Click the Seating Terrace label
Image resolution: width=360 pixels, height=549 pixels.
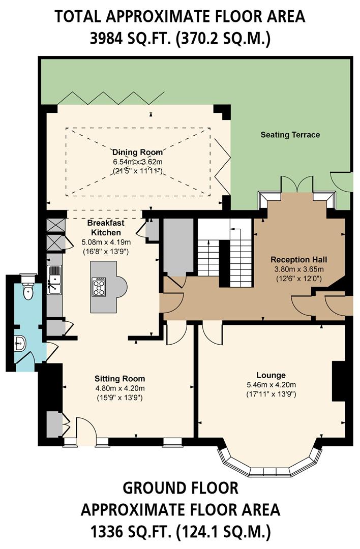pyautogui.click(x=290, y=135)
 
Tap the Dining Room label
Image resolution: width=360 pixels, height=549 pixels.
pyautogui.click(x=137, y=152)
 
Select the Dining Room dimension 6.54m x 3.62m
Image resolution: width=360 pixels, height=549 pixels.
pyautogui.click(x=137, y=162)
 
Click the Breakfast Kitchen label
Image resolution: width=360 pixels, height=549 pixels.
pyautogui.click(x=106, y=228)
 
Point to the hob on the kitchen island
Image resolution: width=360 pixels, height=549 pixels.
pyautogui.click(x=100, y=287)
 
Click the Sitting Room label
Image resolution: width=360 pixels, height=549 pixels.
pyautogui.click(x=119, y=379)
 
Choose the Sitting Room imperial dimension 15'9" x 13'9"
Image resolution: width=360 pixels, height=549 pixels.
pyautogui.click(x=119, y=398)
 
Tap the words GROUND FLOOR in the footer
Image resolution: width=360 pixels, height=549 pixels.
pyautogui.click(x=180, y=488)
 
